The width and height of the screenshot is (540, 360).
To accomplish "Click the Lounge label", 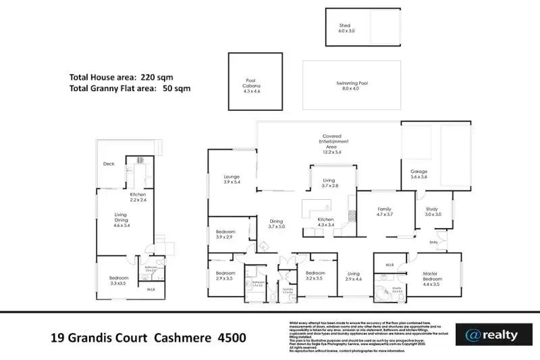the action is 232,179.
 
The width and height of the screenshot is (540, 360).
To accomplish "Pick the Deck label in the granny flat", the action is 109,164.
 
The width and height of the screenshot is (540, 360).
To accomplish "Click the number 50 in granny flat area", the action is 169,88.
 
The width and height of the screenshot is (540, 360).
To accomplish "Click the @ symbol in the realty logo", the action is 472,335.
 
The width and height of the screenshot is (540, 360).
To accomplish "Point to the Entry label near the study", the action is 433,242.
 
